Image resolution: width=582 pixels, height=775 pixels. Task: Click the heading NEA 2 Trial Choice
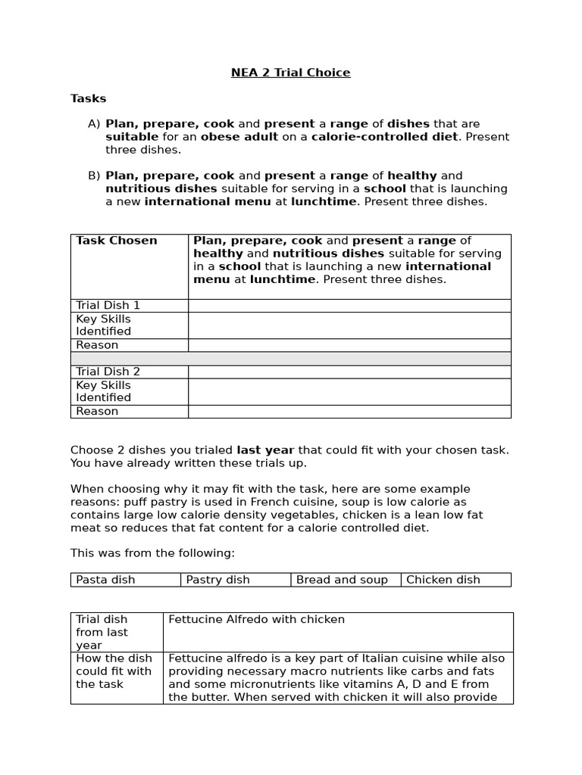click(x=290, y=73)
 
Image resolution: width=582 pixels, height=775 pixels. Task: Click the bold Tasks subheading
click(x=89, y=98)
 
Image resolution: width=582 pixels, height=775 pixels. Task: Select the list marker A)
click(x=94, y=123)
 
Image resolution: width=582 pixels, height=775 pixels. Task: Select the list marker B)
click(x=94, y=176)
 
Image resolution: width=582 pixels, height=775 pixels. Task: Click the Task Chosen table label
click(x=117, y=241)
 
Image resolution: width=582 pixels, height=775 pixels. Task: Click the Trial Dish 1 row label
click(x=108, y=305)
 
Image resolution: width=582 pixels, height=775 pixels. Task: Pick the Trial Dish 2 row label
click(x=108, y=372)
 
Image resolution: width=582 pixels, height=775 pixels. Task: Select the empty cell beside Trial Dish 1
click(x=349, y=305)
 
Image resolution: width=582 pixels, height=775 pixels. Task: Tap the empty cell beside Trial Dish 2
click(x=349, y=372)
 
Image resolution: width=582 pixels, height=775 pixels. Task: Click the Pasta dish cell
click(x=105, y=580)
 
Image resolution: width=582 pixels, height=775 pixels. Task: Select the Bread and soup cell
click(x=342, y=580)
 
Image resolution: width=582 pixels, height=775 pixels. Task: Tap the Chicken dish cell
click(x=443, y=580)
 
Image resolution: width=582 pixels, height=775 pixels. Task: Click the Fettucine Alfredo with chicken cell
click(x=256, y=620)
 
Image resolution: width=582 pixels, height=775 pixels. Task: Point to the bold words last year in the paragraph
click(x=265, y=450)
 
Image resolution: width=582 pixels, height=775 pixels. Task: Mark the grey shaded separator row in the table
click(x=290, y=358)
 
